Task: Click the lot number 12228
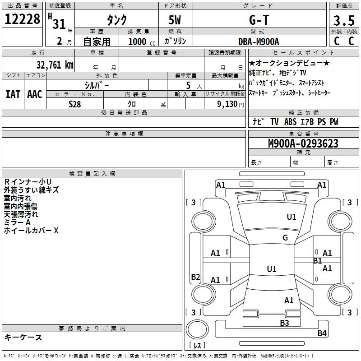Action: click(x=22, y=19)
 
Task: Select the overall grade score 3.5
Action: click(x=343, y=20)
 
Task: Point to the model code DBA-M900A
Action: click(x=259, y=41)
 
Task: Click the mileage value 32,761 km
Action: click(x=55, y=65)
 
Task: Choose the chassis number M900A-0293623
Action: click(x=303, y=143)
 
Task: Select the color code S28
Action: click(x=74, y=104)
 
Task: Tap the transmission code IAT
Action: click(x=13, y=94)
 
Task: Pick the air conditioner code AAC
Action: click(x=35, y=94)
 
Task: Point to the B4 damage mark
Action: click(x=322, y=333)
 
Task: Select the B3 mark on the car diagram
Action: click(x=284, y=323)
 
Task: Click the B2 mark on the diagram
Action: click(x=195, y=277)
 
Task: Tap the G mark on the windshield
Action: click(x=285, y=238)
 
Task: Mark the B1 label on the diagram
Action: click(x=318, y=261)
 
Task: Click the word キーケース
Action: click(x=23, y=337)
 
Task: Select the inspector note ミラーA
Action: click(x=17, y=222)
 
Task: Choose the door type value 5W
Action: click(x=176, y=20)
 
